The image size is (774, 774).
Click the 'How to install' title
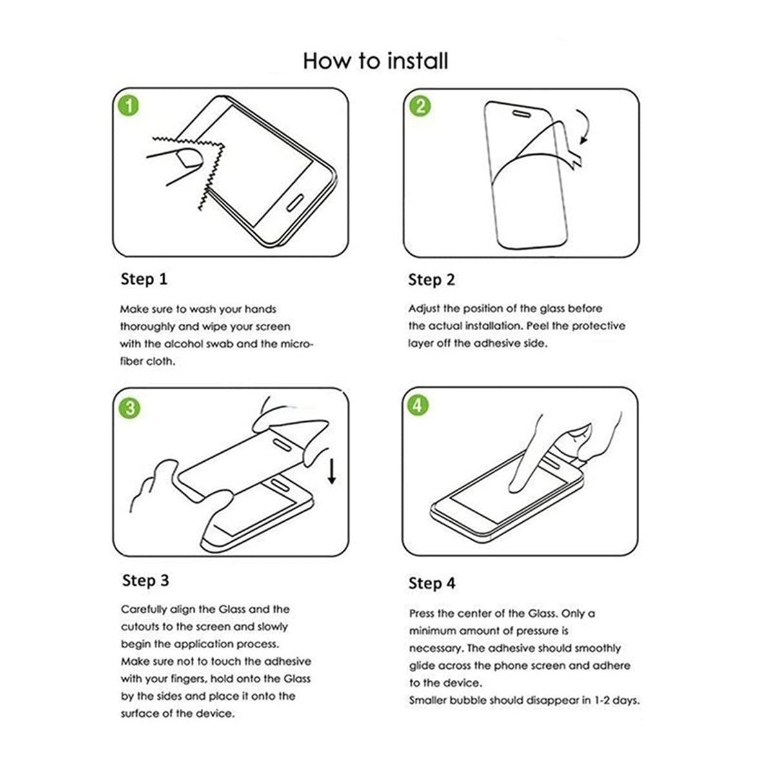coord(375,61)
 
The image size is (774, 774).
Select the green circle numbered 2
coord(421,105)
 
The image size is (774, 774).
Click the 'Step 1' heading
coord(144,279)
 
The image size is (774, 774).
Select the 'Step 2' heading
coord(432,280)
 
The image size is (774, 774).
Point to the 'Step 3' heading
coord(145,580)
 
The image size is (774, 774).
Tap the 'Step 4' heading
coord(432,584)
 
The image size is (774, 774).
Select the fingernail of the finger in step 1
coord(188,157)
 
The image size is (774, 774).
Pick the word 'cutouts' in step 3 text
coord(139,627)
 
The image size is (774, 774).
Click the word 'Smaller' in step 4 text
coord(428,700)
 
